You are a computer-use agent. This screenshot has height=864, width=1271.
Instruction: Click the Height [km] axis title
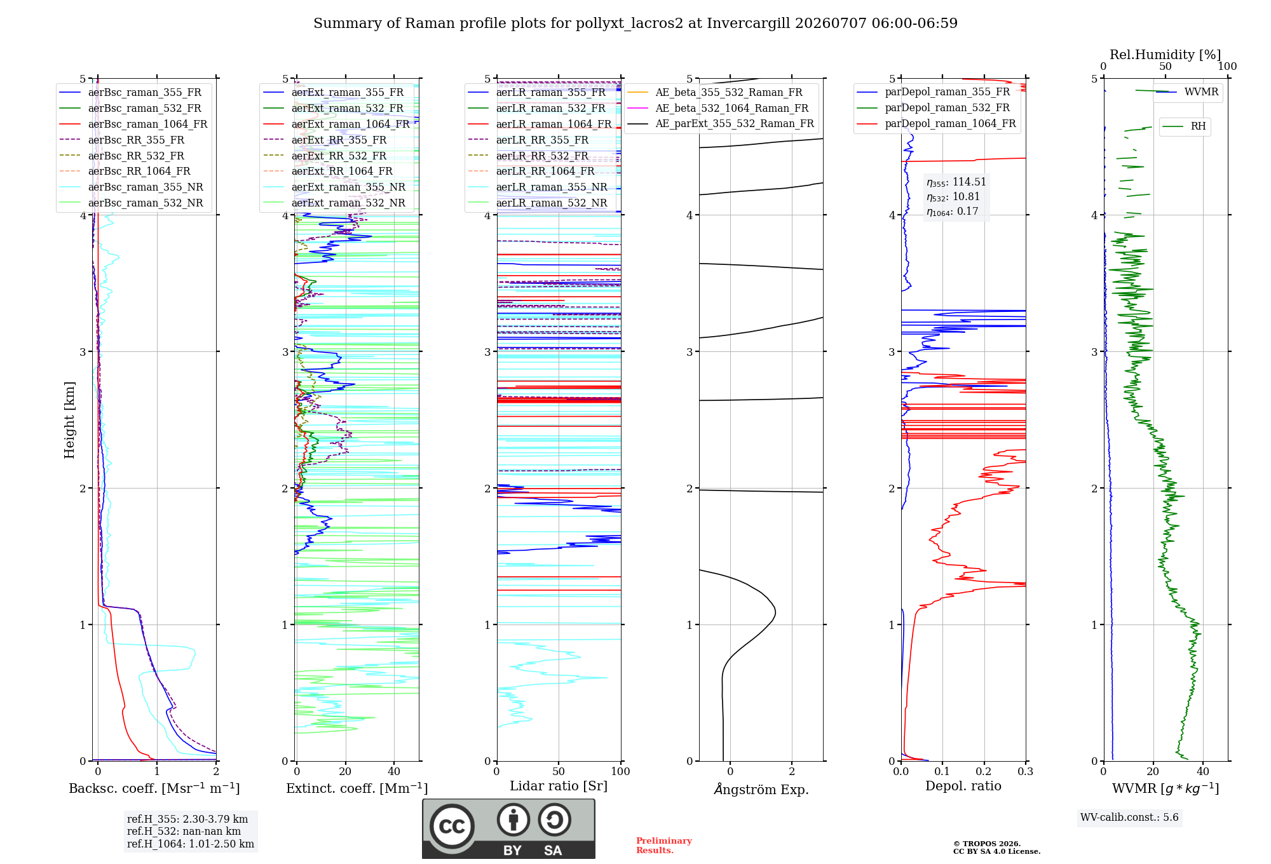click(69, 420)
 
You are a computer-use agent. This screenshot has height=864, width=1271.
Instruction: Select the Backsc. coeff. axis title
click(154, 788)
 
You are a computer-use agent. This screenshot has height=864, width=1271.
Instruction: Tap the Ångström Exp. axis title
click(761, 789)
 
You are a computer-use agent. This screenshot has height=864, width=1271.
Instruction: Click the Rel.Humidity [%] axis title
click(1165, 55)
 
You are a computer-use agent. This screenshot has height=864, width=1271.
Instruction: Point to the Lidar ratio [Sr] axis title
click(559, 786)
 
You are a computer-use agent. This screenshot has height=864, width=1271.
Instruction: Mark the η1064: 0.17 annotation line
click(952, 212)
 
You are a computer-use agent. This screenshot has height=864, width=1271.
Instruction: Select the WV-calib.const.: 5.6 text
click(1129, 818)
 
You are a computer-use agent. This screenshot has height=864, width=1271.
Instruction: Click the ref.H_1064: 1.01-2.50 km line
click(191, 844)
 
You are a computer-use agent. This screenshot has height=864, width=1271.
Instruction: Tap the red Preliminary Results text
click(664, 846)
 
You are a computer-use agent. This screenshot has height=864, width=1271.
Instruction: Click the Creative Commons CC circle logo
click(452, 826)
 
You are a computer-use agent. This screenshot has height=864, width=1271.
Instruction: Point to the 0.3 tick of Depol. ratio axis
click(1025, 772)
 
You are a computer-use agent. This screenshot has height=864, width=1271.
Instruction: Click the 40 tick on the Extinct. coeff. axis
click(394, 772)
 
